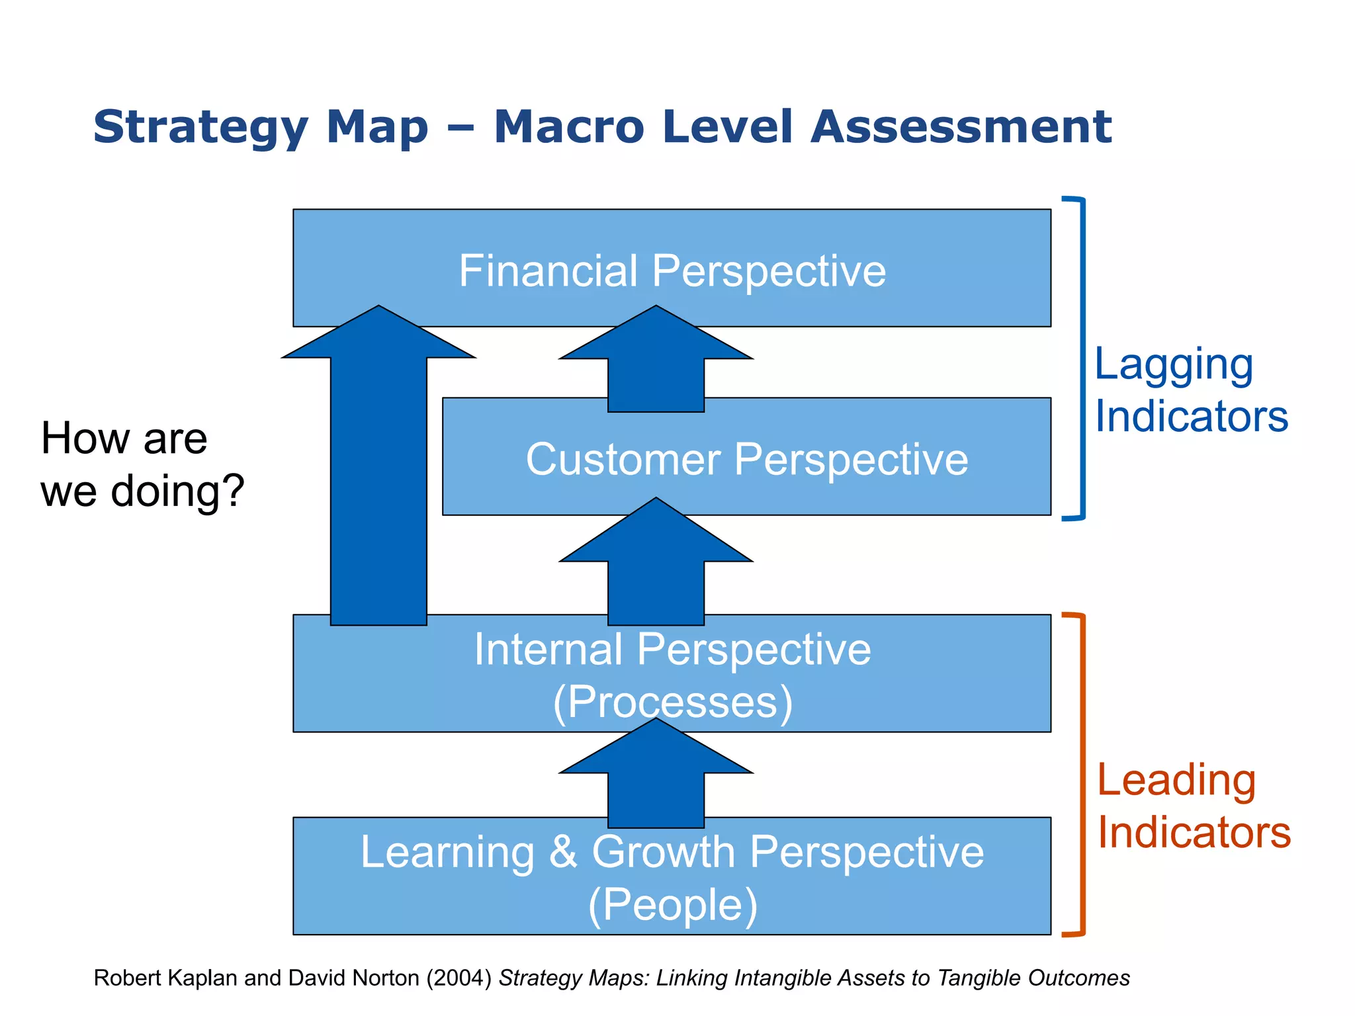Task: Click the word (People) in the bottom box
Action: [x=672, y=904]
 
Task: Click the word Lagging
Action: [x=1173, y=365]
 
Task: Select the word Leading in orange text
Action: [x=1176, y=781]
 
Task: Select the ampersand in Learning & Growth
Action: [x=563, y=852]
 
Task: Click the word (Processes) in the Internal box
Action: [x=672, y=702]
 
